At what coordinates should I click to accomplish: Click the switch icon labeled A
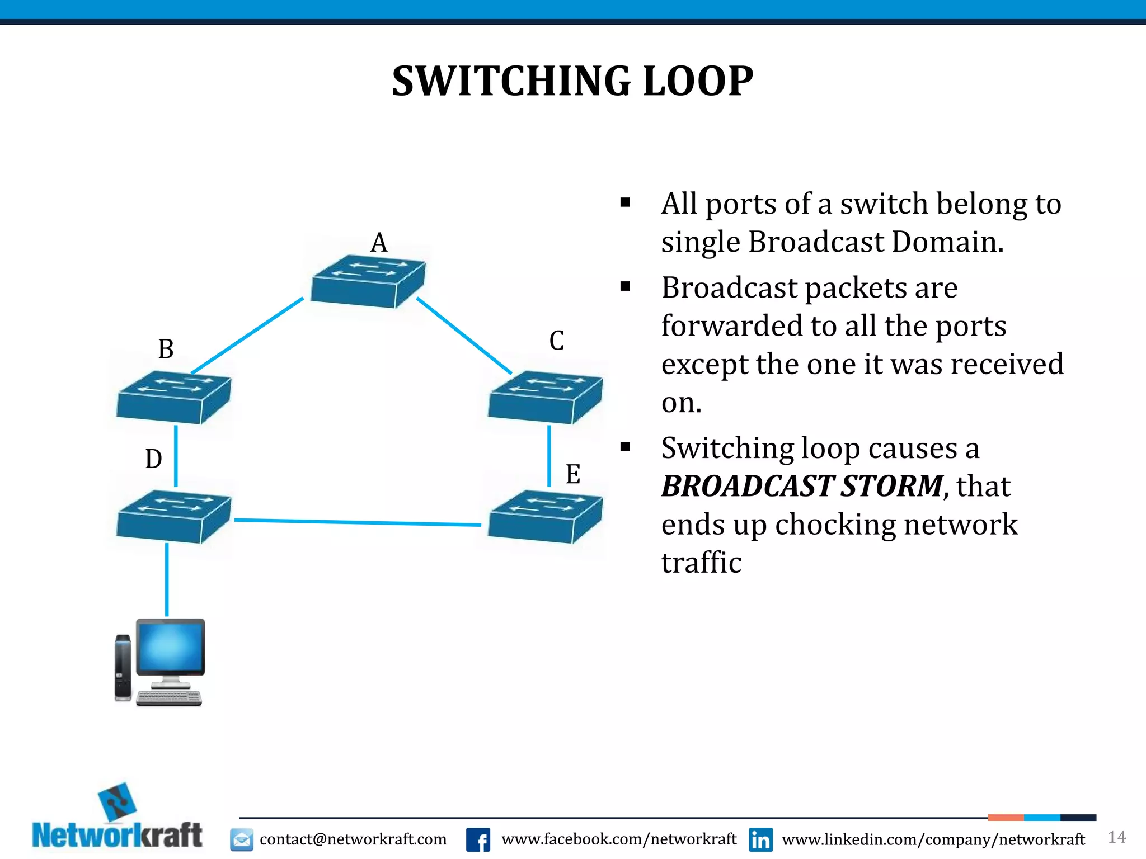[x=368, y=281]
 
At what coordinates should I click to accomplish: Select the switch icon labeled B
[x=173, y=397]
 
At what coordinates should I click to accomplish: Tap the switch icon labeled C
[x=545, y=397]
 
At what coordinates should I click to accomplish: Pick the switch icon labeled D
[x=173, y=516]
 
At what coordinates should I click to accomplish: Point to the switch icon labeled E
[x=545, y=516]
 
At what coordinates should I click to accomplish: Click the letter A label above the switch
[x=379, y=243]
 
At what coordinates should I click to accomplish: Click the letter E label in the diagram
[x=572, y=474]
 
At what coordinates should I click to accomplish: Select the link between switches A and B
[x=247, y=336]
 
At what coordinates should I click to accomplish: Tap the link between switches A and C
[x=464, y=336]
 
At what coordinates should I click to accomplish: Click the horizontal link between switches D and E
[x=358, y=522]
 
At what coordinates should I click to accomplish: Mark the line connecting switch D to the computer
[x=167, y=579]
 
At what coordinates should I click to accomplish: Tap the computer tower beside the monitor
[x=123, y=667]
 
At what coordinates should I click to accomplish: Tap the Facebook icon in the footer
[x=478, y=839]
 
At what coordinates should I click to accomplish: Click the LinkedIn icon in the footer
[x=760, y=839]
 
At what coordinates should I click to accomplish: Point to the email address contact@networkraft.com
[x=353, y=839]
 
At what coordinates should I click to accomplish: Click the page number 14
[x=1116, y=837]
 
